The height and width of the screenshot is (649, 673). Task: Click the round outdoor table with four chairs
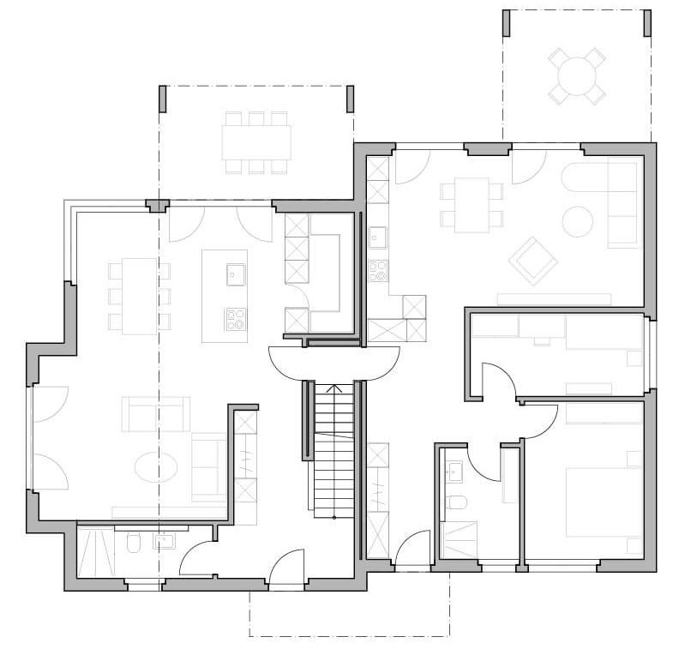576,75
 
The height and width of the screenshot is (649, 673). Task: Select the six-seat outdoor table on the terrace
255,141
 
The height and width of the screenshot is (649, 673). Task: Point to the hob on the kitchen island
235,318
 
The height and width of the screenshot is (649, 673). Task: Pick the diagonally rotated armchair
532,261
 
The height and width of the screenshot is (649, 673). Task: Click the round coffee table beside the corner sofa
577,221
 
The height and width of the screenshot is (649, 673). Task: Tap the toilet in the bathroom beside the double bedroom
456,502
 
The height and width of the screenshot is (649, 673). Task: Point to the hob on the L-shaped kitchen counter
378,271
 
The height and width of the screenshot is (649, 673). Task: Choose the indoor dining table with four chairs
472,204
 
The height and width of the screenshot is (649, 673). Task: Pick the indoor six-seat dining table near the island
139,296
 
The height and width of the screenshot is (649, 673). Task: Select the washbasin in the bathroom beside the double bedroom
454,470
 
